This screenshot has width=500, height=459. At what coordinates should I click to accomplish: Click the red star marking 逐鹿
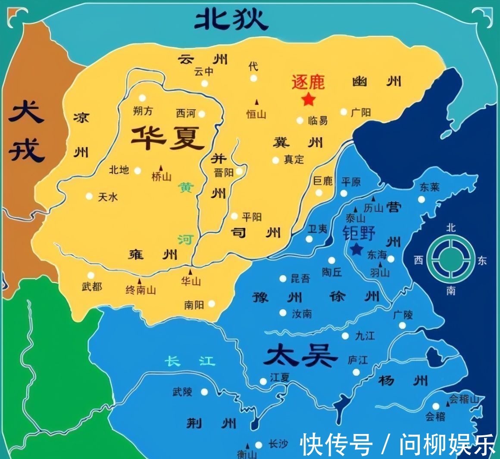click(308, 100)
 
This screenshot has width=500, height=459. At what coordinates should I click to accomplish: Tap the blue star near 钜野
click(356, 249)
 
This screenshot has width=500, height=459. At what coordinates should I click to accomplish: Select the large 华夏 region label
click(168, 137)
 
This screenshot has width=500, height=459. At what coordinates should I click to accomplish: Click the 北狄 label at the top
click(231, 19)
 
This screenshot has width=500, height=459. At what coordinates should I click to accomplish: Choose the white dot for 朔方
click(142, 98)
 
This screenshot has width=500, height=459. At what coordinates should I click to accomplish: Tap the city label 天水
click(108, 197)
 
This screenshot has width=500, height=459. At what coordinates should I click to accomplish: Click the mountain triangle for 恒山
click(257, 102)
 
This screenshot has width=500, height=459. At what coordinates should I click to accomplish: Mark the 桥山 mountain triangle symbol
click(161, 167)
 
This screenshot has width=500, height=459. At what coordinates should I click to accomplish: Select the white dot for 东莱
click(422, 199)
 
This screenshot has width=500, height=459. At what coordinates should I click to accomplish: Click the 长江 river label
click(191, 361)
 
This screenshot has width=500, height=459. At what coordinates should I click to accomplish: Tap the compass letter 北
click(450, 227)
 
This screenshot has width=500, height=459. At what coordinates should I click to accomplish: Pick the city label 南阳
click(194, 305)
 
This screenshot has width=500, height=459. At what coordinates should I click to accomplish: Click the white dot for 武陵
click(204, 392)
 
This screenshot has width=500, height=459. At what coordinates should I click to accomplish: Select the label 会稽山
click(464, 400)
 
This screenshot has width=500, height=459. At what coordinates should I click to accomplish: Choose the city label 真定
click(294, 160)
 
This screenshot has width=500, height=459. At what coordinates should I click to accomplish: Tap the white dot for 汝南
click(283, 313)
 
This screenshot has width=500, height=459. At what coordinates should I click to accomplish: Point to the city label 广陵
click(403, 315)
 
